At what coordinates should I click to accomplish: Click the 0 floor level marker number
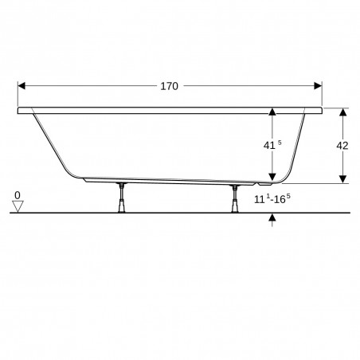(18, 194)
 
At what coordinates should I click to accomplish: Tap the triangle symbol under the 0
(18, 206)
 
